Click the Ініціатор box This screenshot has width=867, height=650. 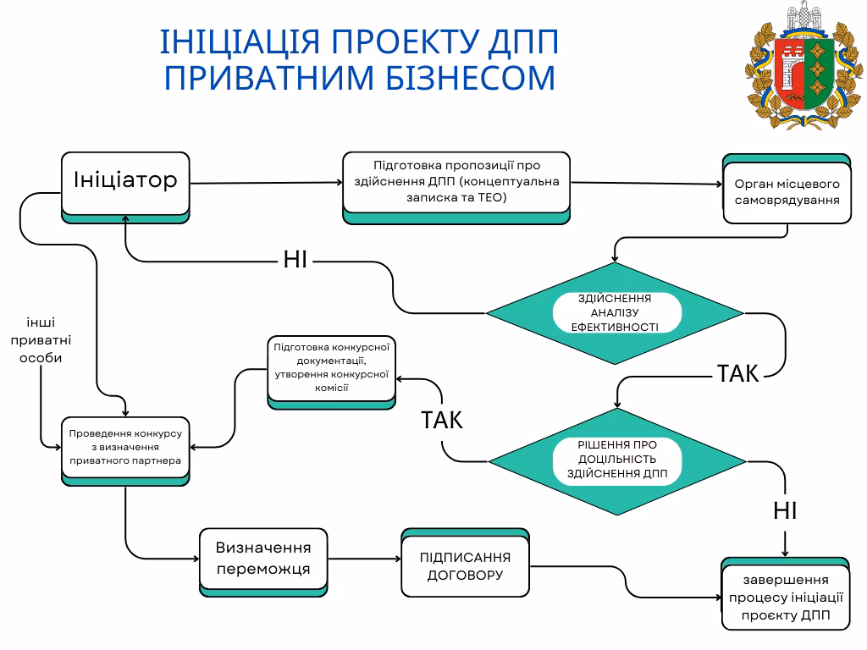click(x=125, y=182)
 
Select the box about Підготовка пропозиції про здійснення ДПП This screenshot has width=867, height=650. click(x=456, y=182)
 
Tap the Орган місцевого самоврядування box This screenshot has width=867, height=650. click(x=787, y=192)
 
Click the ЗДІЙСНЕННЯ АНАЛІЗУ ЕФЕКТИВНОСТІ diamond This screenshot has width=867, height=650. click(x=615, y=313)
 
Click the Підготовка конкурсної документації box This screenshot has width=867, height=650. click(x=331, y=368)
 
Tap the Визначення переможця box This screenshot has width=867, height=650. click(x=263, y=559)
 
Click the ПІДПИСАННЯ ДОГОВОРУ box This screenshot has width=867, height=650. click(x=465, y=566)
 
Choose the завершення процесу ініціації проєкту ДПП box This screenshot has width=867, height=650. click(x=785, y=598)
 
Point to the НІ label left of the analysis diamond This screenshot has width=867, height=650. click(x=295, y=260)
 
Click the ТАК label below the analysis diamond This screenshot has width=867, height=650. click(x=738, y=373)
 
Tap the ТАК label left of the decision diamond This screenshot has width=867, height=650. click(x=442, y=420)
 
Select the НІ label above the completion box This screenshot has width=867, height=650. click(x=785, y=510)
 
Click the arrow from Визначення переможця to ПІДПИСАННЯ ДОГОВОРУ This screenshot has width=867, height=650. click(x=364, y=559)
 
